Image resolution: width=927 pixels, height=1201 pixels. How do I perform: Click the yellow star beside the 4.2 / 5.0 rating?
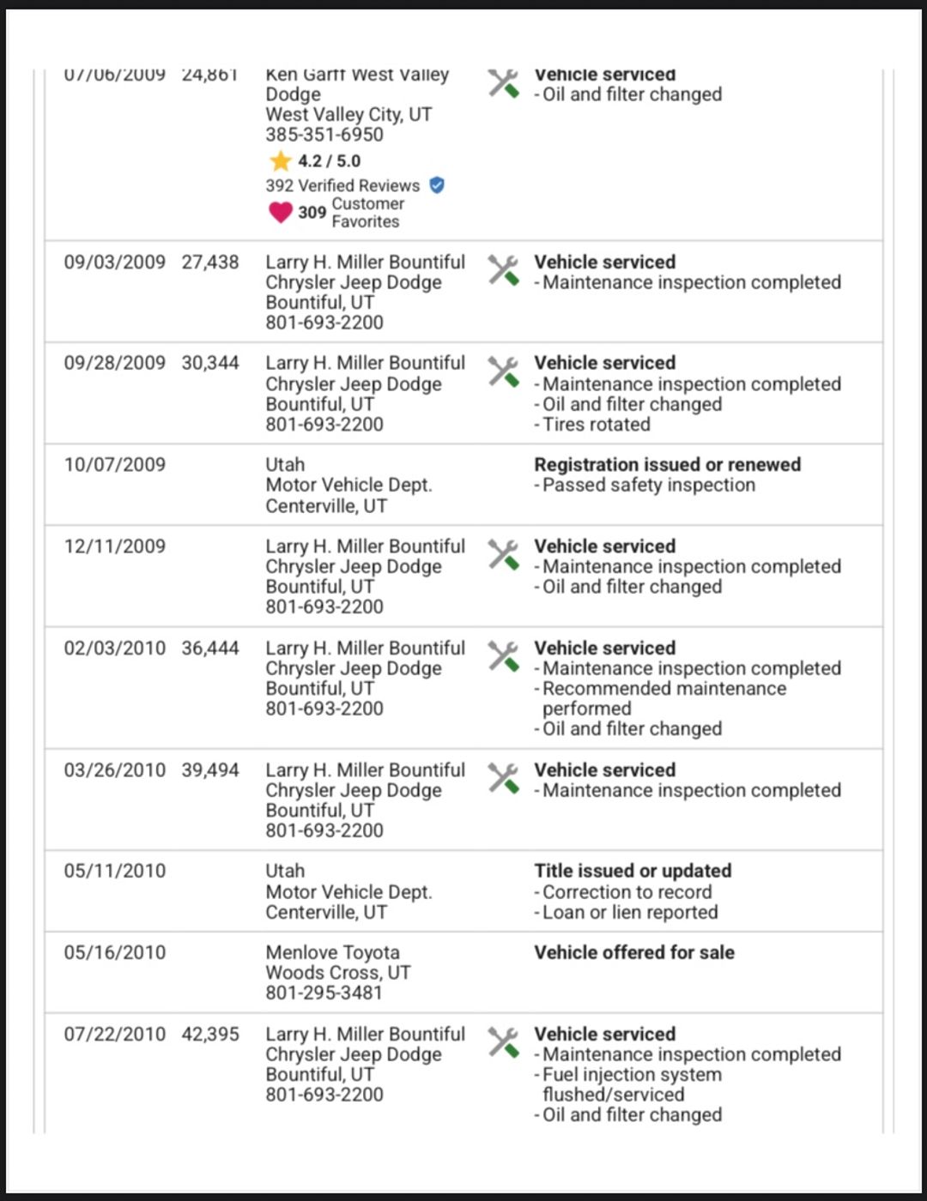[280, 160]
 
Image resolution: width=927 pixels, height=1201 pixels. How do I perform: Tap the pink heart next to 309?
[281, 212]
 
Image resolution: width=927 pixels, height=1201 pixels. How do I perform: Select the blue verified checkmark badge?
[437, 184]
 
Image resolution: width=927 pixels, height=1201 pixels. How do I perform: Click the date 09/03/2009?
[115, 262]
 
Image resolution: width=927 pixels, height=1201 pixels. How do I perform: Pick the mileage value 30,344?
[210, 363]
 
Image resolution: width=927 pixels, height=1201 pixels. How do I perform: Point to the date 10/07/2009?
[115, 464]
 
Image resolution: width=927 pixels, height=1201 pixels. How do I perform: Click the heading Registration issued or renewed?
[667, 464]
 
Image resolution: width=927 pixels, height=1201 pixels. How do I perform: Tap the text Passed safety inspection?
[648, 485]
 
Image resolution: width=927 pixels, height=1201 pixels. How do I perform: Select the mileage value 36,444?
[210, 648]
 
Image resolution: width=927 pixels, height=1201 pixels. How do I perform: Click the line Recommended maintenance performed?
[663, 698]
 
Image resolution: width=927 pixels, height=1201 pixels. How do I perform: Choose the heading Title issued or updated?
[633, 871]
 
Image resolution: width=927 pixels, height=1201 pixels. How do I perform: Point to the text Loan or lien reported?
[629, 912]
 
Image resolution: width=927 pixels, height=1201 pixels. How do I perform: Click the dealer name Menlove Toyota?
[332, 952]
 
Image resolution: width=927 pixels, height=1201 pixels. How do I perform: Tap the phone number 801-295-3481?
[324, 993]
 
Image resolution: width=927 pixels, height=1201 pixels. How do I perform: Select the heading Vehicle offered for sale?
[633, 952]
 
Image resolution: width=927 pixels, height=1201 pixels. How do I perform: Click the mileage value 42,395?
[210, 1034]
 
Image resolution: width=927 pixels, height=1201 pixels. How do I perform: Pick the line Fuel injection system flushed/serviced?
[631, 1084]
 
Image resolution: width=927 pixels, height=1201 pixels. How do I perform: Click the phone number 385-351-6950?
[324, 135]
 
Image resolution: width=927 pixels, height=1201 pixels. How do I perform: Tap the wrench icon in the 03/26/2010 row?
[504, 778]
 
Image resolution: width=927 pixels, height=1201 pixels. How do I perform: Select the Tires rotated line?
[596, 424]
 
